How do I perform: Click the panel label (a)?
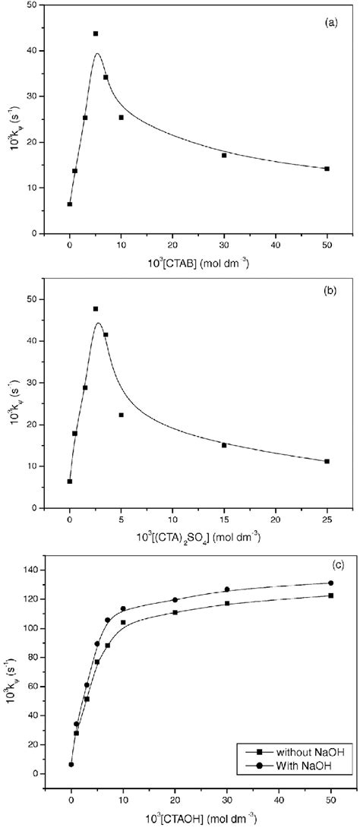(330, 23)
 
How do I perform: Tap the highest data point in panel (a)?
(96, 33)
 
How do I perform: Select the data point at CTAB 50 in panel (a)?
(327, 169)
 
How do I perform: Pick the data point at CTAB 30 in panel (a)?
(224, 155)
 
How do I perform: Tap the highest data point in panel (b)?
(96, 308)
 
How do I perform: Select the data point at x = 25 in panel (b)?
(327, 461)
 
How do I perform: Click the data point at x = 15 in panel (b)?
(224, 445)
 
